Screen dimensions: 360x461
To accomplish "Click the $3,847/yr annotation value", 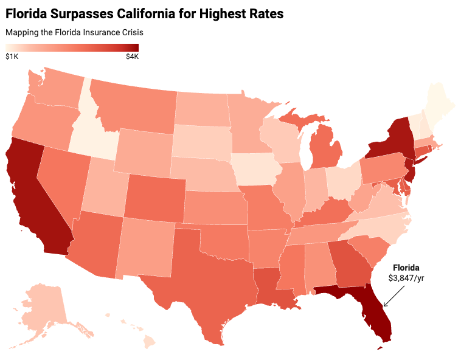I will pos(406,278).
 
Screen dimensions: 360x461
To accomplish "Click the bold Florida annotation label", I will pos(406,268).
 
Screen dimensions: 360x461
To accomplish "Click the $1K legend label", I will pos(12,57).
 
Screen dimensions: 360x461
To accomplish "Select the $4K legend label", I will pos(132,57).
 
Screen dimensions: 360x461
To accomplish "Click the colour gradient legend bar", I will pos(72,48).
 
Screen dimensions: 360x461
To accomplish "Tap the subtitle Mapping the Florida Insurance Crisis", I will pos(74,32).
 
